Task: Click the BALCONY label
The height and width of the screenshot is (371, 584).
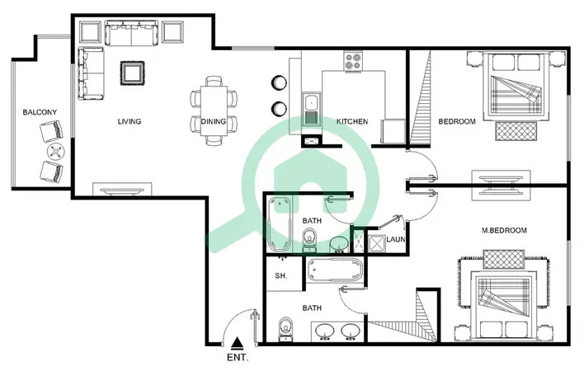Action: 40,112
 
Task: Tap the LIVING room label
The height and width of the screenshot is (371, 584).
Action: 130,121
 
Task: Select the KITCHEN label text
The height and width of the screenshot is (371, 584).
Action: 352,121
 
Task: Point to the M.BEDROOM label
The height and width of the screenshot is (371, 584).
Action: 504,230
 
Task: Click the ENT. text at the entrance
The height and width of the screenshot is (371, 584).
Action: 238,358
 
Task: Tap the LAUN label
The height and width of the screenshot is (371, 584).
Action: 396,239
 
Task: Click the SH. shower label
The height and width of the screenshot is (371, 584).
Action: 280,275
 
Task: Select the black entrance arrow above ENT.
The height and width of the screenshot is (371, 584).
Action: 237,344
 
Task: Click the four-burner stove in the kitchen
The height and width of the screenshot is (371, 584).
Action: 353,61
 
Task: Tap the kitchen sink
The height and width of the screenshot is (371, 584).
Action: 311,109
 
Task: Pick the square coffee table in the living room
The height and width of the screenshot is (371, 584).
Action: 132,73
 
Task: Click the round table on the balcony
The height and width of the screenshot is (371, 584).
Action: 55,152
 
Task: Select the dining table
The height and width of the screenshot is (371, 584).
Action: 214,110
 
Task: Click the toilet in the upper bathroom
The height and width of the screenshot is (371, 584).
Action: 309,239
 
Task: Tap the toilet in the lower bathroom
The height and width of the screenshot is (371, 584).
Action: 285,329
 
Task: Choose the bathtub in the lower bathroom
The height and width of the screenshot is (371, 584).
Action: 334,270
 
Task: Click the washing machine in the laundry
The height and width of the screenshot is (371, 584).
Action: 376,244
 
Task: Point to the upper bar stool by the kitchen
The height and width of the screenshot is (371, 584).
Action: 279,82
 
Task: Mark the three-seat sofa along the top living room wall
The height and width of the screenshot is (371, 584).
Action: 131,33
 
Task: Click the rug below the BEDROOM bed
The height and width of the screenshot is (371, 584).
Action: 516,131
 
